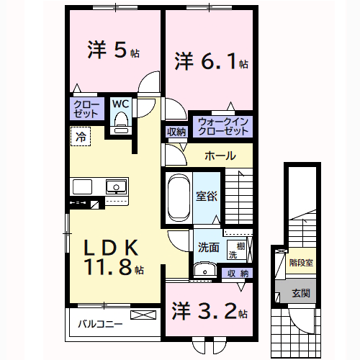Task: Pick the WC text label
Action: coord(120,103)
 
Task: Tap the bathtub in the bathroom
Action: coord(177,197)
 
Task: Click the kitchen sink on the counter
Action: coord(116,187)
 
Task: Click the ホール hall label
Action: coord(219,156)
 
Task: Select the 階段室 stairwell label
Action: coord(301,262)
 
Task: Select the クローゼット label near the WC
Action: coord(86,109)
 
